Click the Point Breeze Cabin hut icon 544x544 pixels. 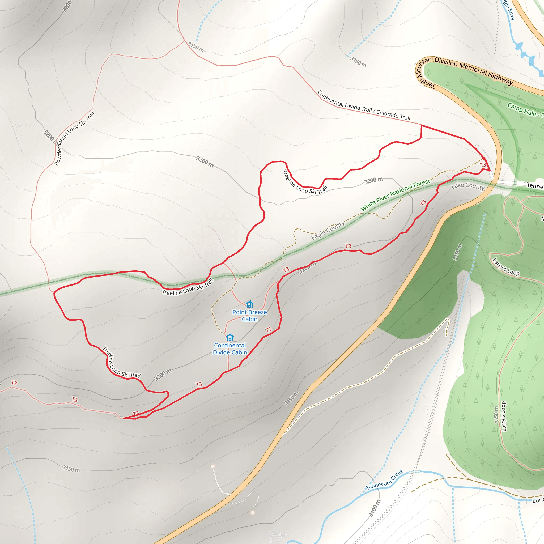click(249, 304)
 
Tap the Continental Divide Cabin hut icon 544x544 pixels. click(230, 337)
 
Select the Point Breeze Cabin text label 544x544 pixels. click(249, 316)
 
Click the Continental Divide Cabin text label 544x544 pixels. click(230, 349)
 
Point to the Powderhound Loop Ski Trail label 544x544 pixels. click(74, 139)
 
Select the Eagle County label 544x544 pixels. click(328, 231)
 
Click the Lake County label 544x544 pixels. click(468, 186)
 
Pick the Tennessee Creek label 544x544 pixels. click(385, 480)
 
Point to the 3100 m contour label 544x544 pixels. click(374, 508)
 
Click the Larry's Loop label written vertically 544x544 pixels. click(504, 416)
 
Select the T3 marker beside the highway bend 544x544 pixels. click(483, 165)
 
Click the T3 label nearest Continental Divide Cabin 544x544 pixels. click(268, 330)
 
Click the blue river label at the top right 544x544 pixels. click(509, 10)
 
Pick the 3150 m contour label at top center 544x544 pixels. click(196, 47)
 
